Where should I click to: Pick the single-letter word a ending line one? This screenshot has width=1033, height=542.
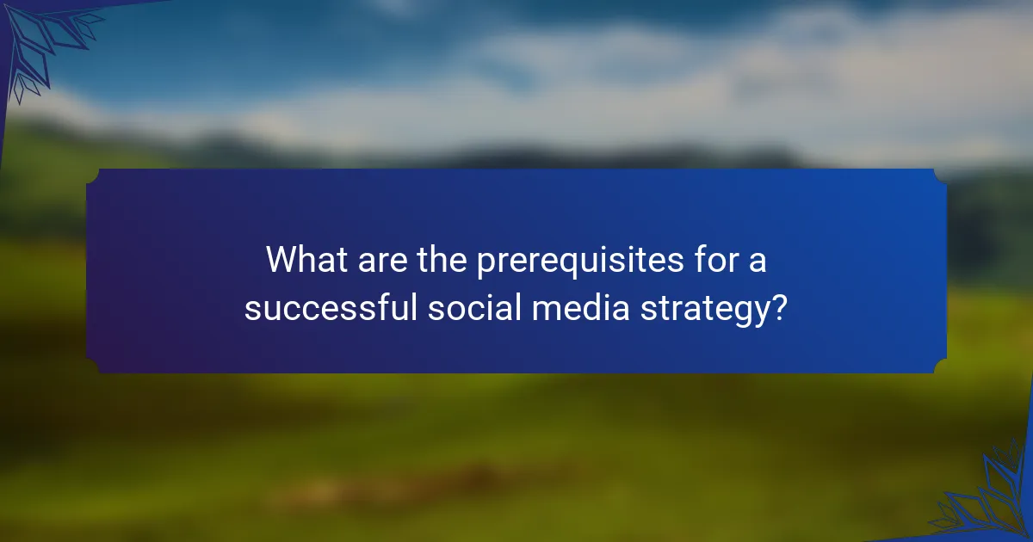pyautogui.click(x=758, y=262)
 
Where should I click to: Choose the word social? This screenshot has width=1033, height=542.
pyautogui.click(x=474, y=308)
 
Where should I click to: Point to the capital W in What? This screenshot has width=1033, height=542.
pyautogui.click(x=281, y=260)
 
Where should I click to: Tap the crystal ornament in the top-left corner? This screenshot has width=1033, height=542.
pyautogui.click(x=39, y=43)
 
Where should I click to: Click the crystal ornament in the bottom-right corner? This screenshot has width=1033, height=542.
pyautogui.click(x=990, y=499)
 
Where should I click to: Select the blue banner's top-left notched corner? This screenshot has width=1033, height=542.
pyautogui.click(x=93, y=175)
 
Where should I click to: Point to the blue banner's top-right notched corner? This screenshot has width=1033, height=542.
pyautogui.click(x=940, y=175)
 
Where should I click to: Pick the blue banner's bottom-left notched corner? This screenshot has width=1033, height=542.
pyautogui.click(x=93, y=367)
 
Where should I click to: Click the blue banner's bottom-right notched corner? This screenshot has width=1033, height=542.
pyautogui.click(x=940, y=367)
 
